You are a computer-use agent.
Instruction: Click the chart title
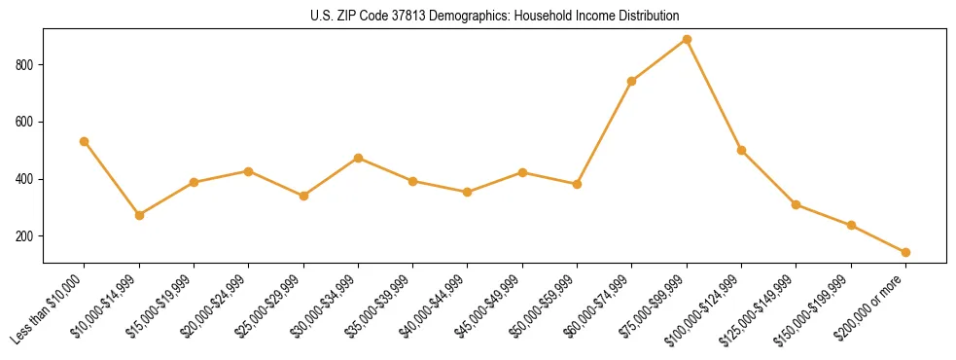[x=494, y=17]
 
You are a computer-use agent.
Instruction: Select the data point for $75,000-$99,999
[x=687, y=40]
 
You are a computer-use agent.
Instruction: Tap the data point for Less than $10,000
[x=85, y=141]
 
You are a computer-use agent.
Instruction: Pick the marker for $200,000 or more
[x=905, y=252]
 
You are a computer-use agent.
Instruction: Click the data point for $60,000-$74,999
[x=632, y=81]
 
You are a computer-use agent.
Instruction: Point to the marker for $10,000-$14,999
[x=139, y=215]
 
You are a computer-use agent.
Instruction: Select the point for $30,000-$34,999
[x=358, y=158]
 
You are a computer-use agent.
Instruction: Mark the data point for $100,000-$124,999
[x=741, y=150]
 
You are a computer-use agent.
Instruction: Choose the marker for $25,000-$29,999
[x=303, y=196]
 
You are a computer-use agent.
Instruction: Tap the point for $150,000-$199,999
[x=851, y=225]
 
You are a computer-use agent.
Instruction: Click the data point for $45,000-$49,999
[x=522, y=172]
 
